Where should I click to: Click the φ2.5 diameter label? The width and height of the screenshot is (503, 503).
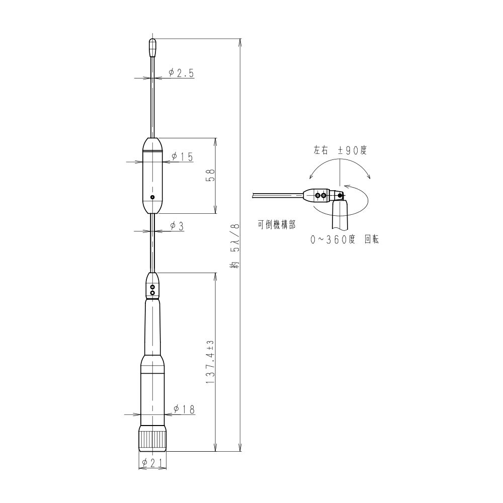click(181, 73)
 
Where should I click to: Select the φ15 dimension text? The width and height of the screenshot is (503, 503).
click(182, 157)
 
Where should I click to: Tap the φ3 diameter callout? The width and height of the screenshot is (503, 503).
click(177, 226)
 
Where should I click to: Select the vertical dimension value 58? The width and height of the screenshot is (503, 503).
click(211, 176)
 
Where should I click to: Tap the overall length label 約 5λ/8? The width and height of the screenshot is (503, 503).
click(235, 247)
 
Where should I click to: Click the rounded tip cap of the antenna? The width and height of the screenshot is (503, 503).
click(152, 47)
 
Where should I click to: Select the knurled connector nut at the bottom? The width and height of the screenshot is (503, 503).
click(152, 439)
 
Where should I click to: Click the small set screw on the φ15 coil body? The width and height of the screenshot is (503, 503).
click(153, 197)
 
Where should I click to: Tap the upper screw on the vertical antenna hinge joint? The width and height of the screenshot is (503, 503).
click(153, 287)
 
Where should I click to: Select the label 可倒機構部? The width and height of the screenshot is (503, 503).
click(277, 226)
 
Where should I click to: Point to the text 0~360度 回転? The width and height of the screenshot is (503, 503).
click(345, 240)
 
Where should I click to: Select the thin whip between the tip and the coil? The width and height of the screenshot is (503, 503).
click(152, 101)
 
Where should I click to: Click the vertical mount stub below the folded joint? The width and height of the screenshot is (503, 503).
click(340, 216)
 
